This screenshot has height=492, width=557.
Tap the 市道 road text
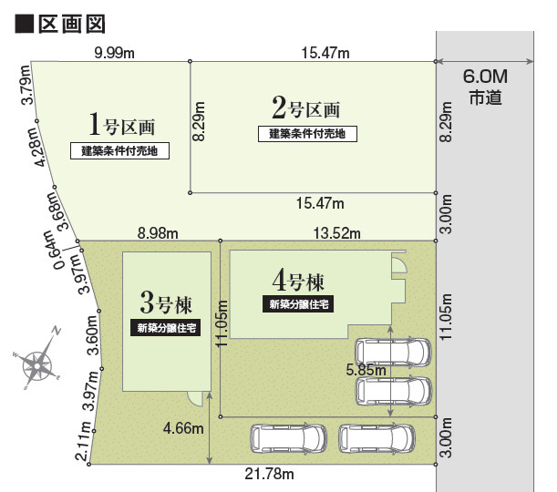pos(485,98)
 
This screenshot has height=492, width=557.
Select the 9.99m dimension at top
pos(115,53)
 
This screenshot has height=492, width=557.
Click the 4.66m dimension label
pos(181,427)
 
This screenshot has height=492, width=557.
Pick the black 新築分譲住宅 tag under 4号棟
pos(299,304)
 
